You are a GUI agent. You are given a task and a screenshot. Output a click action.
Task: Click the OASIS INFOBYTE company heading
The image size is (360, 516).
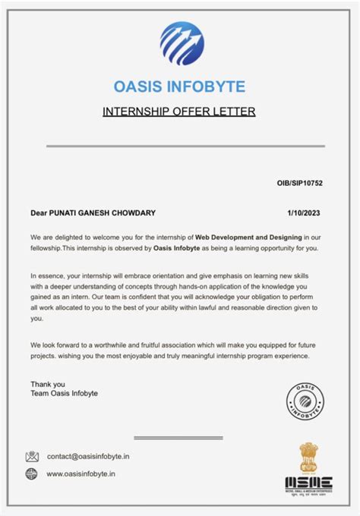pos(180,86)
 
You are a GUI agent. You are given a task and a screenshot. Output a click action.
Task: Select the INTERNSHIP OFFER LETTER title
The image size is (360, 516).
pos(179,112)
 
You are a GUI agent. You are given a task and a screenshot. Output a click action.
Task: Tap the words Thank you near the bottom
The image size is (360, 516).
pos(48,383)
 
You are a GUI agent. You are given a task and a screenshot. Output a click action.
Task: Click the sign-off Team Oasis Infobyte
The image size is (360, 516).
pos(64,393)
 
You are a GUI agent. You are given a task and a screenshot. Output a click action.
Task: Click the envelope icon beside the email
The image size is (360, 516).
pos(32,457)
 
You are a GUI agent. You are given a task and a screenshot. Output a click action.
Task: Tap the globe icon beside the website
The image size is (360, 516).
pos(32,474)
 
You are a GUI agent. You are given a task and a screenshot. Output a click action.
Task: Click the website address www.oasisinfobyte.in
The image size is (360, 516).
pos(82,474)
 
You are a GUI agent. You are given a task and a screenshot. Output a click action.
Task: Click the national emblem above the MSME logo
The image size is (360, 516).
pos(308,457)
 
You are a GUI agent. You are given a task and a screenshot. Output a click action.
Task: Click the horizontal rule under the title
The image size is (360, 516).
pos(179,145)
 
